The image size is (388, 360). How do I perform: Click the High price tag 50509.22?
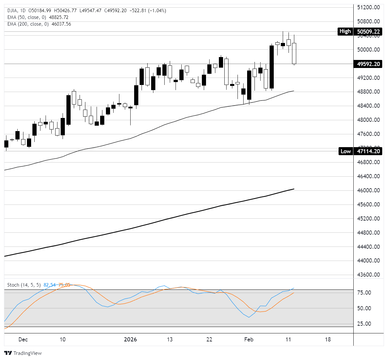[x=368, y=31]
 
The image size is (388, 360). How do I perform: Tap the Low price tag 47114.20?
[x=368, y=151]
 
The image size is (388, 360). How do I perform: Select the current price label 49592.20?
[x=368, y=64]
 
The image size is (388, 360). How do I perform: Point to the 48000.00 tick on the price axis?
[x=368, y=120]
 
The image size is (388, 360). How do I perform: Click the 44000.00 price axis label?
[x=368, y=261]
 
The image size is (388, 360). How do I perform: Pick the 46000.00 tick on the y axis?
[x=368, y=190]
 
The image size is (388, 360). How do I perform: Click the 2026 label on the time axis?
[x=130, y=339]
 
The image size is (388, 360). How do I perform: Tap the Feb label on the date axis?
[x=249, y=339]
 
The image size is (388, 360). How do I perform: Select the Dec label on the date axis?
[x=23, y=339]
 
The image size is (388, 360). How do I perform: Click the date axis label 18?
[x=328, y=339]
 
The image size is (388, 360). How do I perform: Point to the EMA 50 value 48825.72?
[x=59, y=17]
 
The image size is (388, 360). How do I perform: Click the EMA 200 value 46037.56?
[x=60, y=24]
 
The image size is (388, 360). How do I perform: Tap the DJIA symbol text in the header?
[x=13, y=11]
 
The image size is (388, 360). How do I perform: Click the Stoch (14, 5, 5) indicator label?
[x=24, y=285]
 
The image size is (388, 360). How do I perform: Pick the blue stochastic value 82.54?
[x=49, y=285]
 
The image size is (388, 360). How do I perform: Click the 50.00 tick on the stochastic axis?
[x=364, y=308]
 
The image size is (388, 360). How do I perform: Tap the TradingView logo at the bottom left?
[x=23, y=353]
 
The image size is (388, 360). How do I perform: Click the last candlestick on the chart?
[x=294, y=53]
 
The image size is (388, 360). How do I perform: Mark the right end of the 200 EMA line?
[x=294, y=189]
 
